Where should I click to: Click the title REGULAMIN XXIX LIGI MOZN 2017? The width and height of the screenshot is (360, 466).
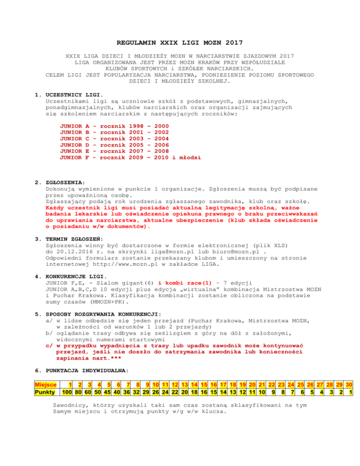180,43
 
